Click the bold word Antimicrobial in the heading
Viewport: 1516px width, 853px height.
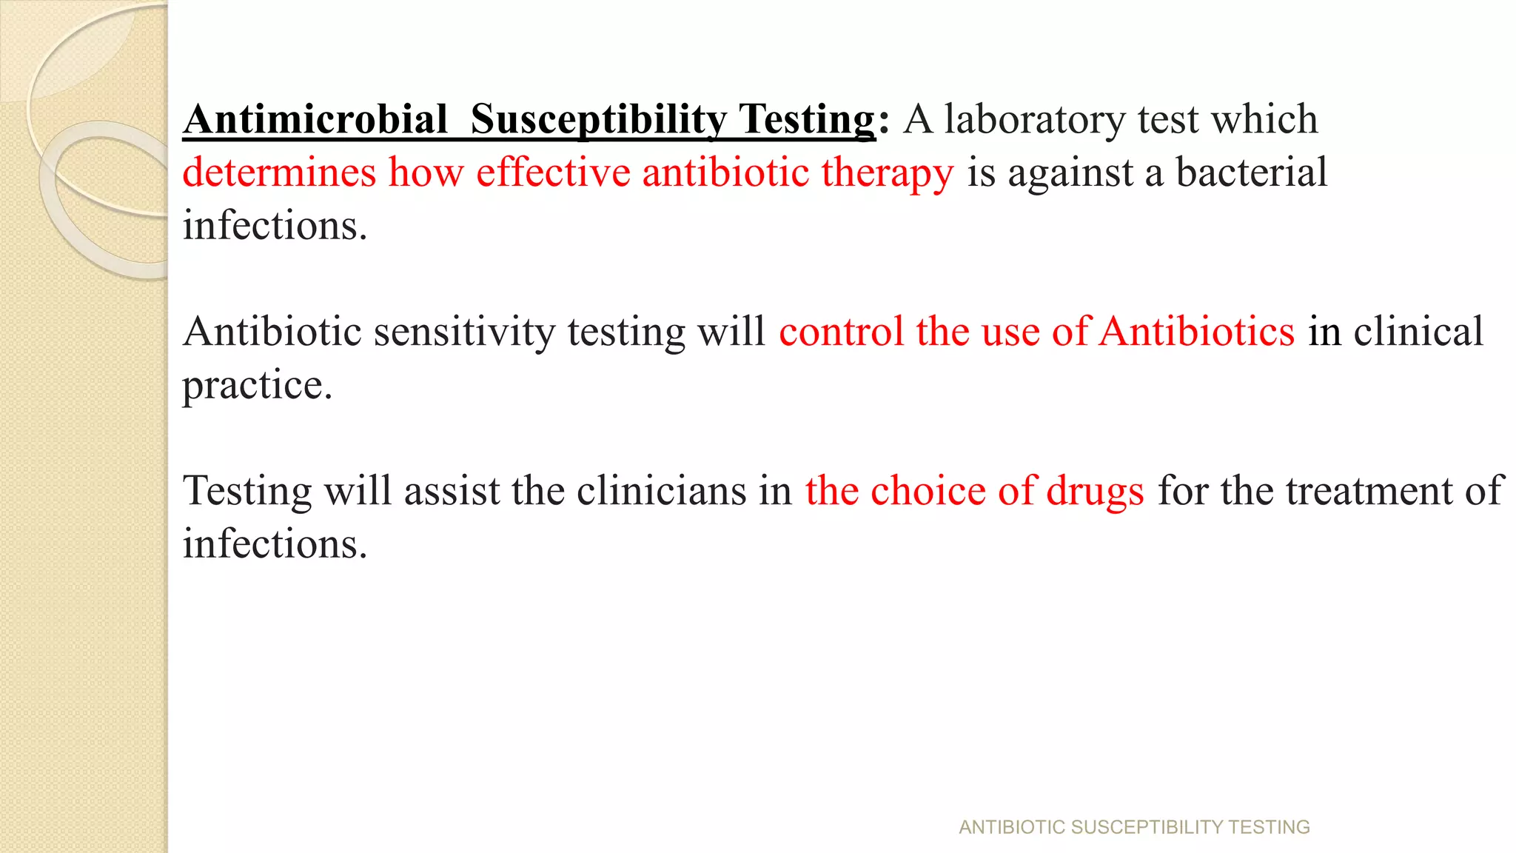pyautogui.click(x=315, y=119)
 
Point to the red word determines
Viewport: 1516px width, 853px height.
pyautogui.click(x=280, y=172)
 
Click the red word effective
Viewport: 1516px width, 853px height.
pyautogui.click(x=553, y=172)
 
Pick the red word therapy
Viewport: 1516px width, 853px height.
pyautogui.click(x=887, y=173)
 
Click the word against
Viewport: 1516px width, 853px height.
pyautogui.click(x=1070, y=173)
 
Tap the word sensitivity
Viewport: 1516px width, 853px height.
pyautogui.click(x=464, y=331)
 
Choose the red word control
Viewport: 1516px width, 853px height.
pyautogui.click(x=841, y=331)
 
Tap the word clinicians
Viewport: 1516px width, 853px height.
pyautogui.click(x=661, y=490)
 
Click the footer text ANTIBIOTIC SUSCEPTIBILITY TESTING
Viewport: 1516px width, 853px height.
pyautogui.click(x=1134, y=827)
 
